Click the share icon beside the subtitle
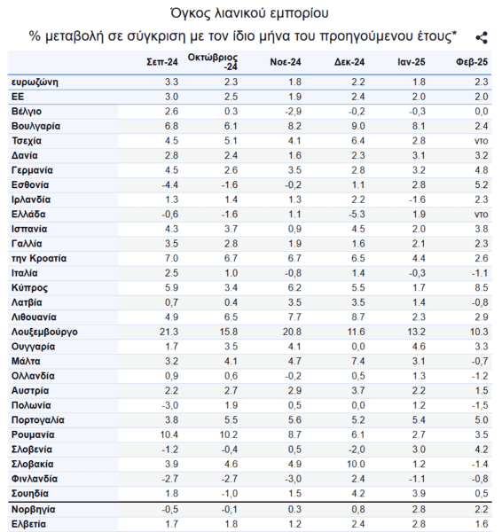[x=482, y=37]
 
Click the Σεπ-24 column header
[x=162, y=62]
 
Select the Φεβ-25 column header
[x=472, y=62]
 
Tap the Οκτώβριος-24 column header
[x=213, y=62]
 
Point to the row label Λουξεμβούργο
[x=44, y=332]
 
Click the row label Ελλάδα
[x=28, y=214]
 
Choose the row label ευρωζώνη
[x=35, y=82]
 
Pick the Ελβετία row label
[x=28, y=524]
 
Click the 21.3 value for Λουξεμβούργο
[x=169, y=332]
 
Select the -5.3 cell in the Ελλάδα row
[x=357, y=215]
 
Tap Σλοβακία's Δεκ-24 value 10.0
[x=356, y=464]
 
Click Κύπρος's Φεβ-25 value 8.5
[x=482, y=287]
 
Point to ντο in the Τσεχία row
[x=482, y=141]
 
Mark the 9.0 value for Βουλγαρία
[x=358, y=126]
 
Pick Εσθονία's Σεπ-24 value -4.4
[x=169, y=185]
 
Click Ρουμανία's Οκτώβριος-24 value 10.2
[x=229, y=434]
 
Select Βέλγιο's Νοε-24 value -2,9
[x=293, y=112]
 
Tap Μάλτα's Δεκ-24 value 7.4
[x=358, y=362]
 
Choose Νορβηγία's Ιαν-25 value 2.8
[x=419, y=509]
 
